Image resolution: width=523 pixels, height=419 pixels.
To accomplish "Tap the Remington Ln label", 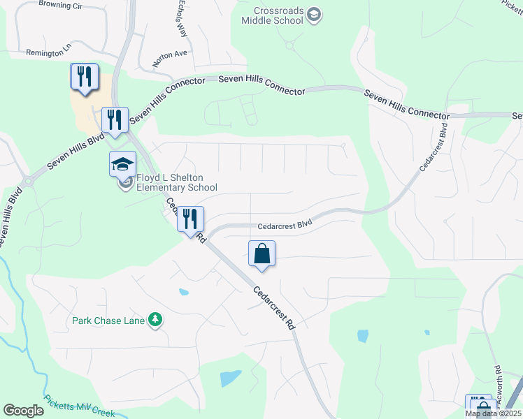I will (x=49, y=52).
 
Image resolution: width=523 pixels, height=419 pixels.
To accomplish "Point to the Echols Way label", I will (x=182, y=17).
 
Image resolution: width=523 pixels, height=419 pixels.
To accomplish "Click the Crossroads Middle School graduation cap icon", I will (x=314, y=15).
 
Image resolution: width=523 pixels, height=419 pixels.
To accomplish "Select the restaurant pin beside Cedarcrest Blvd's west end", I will (x=189, y=219).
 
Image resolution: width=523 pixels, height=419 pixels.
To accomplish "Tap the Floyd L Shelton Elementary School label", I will (x=176, y=182).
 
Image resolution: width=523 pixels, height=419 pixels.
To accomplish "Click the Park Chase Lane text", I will (x=108, y=321).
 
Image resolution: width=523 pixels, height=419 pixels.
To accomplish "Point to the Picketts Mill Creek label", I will (x=79, y=405).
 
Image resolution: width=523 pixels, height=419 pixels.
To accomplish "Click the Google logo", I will (x=24, y=411).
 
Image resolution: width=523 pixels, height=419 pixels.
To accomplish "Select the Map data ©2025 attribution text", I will (x=493, y=413).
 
